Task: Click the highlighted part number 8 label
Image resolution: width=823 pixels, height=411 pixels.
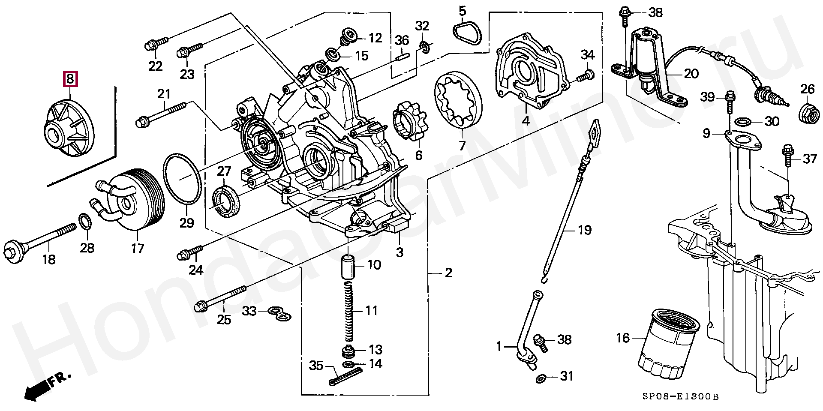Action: [x=70, y=78]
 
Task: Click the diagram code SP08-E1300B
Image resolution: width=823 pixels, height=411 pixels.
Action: [x=680, y=396]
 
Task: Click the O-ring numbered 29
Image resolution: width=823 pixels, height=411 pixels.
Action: [x=182, y=179]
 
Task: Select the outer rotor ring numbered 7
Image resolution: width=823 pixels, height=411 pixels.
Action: [x=459, y=101]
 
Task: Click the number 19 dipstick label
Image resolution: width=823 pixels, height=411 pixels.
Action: [x=585, y=230]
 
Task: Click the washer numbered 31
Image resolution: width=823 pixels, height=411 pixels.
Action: [x=541, y=378]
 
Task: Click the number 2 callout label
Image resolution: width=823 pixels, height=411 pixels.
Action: [x=448, y=273]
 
